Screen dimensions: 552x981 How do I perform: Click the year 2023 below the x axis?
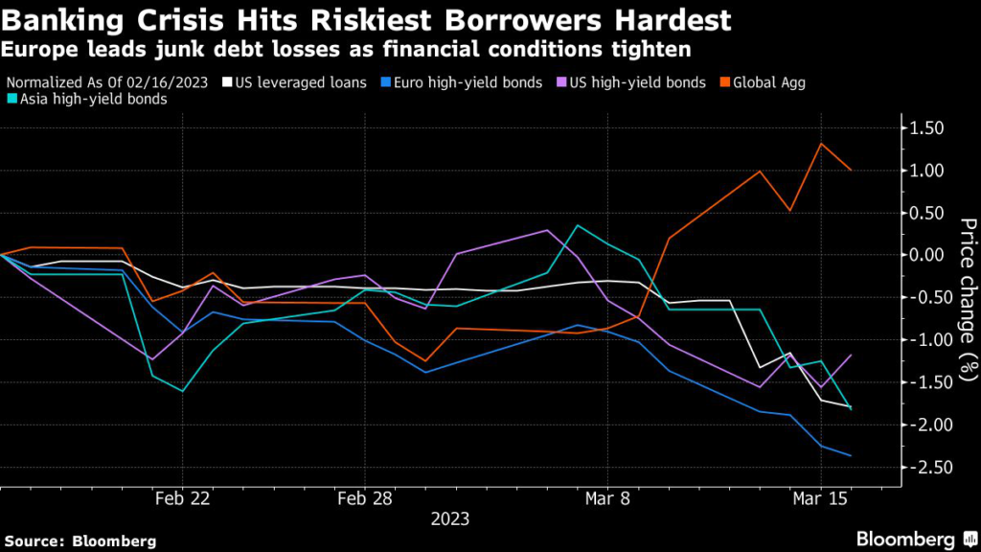450,520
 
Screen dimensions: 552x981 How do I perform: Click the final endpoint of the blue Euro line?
852,456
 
